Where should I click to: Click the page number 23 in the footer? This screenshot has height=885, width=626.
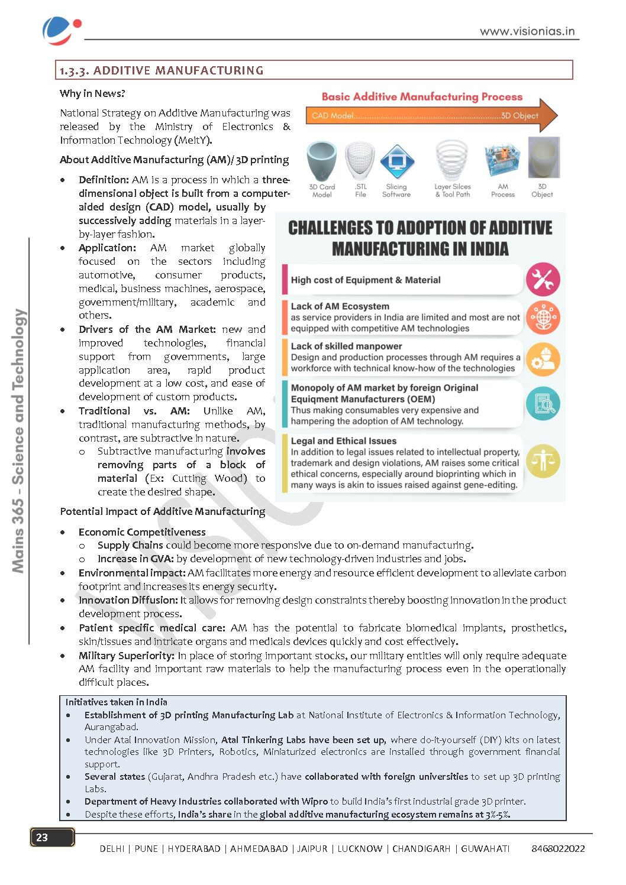coord(43,837)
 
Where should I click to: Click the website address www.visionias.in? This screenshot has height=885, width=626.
coord(527,31)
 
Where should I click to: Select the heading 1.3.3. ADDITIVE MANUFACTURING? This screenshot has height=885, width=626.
coord(161,70)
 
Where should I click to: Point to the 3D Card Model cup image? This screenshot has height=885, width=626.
coord(322,160)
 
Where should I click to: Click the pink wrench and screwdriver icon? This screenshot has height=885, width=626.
coord(543,280)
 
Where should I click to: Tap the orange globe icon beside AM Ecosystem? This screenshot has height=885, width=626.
coord(543,317)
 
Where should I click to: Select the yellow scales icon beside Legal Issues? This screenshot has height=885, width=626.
coord(543,461)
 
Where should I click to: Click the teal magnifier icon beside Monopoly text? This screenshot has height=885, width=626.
coord(543,404)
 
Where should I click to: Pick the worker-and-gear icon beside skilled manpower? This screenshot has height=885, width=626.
coord(543,359)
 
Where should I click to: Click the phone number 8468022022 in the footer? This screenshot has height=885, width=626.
coord(558,848)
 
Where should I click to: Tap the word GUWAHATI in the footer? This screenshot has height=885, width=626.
coord(485,848)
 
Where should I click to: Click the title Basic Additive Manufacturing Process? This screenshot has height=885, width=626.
coord(422,97)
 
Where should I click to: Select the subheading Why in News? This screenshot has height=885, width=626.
coord(92,93)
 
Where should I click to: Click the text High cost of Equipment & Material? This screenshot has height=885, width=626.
coord(366,280)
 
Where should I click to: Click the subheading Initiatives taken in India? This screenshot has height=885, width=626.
coord(117,702)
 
